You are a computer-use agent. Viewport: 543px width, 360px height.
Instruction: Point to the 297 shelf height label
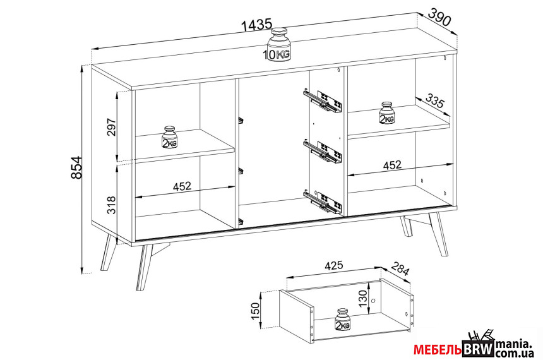coord(111,127)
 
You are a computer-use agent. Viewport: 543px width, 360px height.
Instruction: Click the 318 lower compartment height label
coord(111,205)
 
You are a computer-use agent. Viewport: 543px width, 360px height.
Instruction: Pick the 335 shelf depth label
coord(434,100)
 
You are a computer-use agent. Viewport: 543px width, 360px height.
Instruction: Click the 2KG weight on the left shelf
coord(169,137)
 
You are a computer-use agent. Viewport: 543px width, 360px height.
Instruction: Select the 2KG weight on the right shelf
coord(387,112)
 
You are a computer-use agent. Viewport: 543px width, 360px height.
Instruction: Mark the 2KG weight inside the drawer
coord(343,319)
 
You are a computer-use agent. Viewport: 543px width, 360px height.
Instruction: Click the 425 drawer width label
coord(333,266)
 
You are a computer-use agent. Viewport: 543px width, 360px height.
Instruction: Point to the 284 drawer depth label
coord(400,268)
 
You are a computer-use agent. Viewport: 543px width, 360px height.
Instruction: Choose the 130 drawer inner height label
coord(362,298)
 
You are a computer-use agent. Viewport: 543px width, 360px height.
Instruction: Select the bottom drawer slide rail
coord(323,201)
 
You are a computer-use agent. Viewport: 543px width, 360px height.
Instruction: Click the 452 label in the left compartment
coord(182,186)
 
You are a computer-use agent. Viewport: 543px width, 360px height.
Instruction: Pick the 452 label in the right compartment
coord(392,165)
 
